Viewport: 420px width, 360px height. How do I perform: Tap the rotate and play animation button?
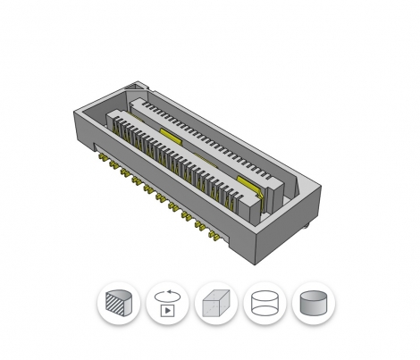(x=166, y=306)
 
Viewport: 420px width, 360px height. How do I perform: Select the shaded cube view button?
(x=215, y=306)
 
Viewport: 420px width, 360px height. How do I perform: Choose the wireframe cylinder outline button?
(x=265, y=306)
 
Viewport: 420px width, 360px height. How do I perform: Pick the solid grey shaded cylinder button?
(x=314, y=306)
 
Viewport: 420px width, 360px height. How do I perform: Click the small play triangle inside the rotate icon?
(x=166, y=312)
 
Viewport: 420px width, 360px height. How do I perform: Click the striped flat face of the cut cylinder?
(x=113, y=307)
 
